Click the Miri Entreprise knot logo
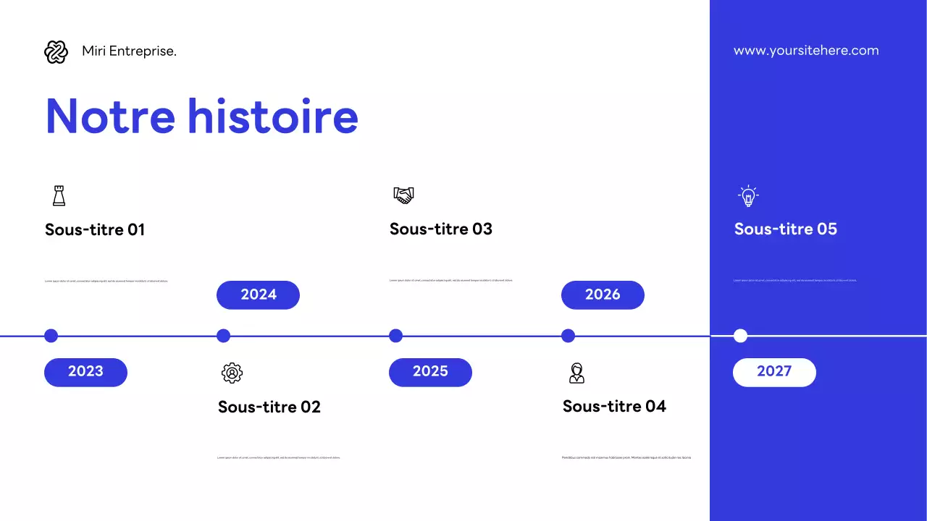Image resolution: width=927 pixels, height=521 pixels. tap(56, 52)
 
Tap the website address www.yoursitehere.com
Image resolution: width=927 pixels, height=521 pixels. tap(806, 51)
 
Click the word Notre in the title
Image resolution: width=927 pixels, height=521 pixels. tap(110, 116)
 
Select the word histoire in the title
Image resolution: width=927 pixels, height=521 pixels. tap(273, 116)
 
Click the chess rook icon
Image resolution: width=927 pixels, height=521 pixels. tap(59, 195)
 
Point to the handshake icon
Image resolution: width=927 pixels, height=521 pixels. tap(403, 195)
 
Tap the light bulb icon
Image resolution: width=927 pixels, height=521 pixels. tap(748, 195)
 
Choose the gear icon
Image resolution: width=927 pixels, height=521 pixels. tap(232, 373)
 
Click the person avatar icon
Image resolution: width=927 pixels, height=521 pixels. tap(576, 373)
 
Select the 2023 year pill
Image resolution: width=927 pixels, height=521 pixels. tap(85, 372)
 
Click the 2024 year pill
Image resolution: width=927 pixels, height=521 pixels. tap(258, 295)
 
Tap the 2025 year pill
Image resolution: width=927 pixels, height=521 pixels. tap(430, 372)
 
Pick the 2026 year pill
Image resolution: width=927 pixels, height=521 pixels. tap(603, 295)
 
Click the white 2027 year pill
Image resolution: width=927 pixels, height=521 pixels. tap(774, 372)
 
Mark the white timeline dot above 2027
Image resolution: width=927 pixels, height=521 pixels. tap(740, 336)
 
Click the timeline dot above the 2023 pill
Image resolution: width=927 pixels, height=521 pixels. tap(51, 336)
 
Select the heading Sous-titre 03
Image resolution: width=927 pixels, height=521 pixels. tap(440, 229)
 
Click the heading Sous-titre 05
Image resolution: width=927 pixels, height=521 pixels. tap(785, 229)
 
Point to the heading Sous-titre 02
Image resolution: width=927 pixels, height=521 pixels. tap(269, 407)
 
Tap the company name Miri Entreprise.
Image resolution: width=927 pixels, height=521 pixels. tap(129, 51)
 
